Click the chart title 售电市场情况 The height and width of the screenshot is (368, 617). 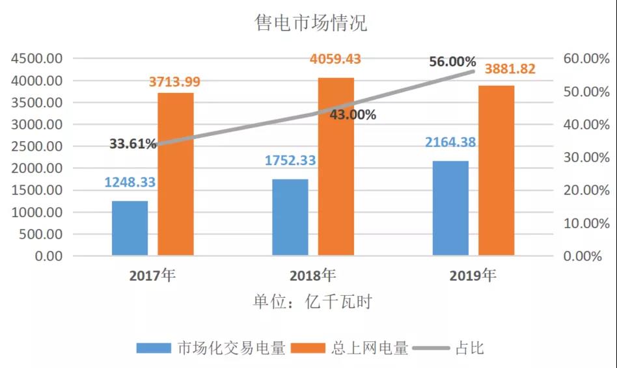pos(310,23)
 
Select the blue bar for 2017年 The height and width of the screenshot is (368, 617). pos(130,228)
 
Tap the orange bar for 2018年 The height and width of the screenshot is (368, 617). pos(336,166)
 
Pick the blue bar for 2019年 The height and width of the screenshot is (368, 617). pos(450,207)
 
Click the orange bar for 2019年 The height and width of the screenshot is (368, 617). pos(496,170)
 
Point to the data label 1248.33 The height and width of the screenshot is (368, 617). pos(130,182)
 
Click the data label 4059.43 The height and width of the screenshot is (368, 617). pos(335,59)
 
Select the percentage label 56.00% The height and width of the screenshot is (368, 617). pos(452,62)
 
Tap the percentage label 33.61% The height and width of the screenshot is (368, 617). pos(133,144)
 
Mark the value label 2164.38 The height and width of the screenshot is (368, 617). pos(451,142)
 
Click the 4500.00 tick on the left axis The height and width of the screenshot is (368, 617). pos(36,59)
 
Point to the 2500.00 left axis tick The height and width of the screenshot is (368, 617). pos(36,146)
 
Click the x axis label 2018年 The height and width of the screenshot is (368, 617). pos(313,276)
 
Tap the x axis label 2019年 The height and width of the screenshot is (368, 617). pos(473,276)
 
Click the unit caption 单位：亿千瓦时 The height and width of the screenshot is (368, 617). pos(312,302)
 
